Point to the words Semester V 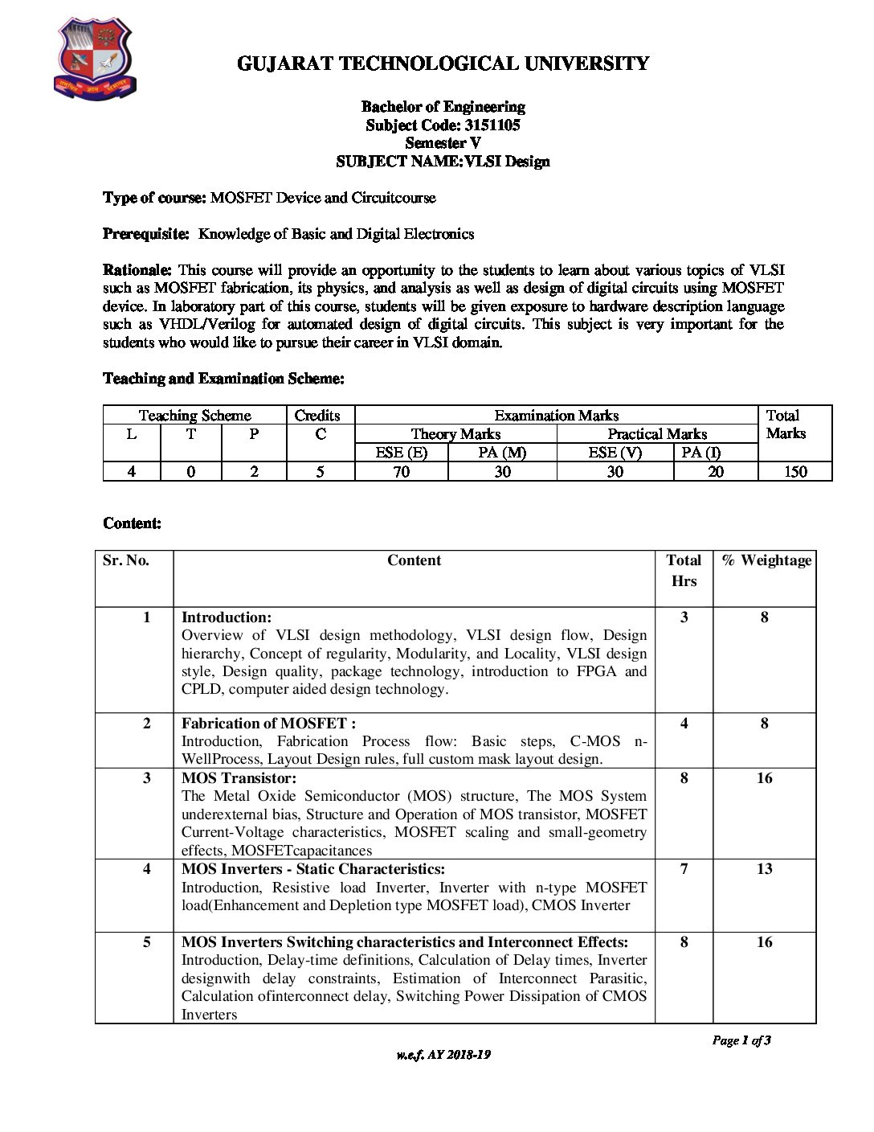443,143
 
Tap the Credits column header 317,416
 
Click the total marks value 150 794,472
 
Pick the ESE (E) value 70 401,472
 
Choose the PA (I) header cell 701,453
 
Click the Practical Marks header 657,434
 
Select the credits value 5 320,472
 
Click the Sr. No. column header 126,560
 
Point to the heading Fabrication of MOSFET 268,724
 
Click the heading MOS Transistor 239,778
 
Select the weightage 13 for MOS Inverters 764,869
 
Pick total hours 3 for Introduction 684,617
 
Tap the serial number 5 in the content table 146,942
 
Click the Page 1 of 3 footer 741,1040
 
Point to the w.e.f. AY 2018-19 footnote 443,1055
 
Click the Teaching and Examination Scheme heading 223,379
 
